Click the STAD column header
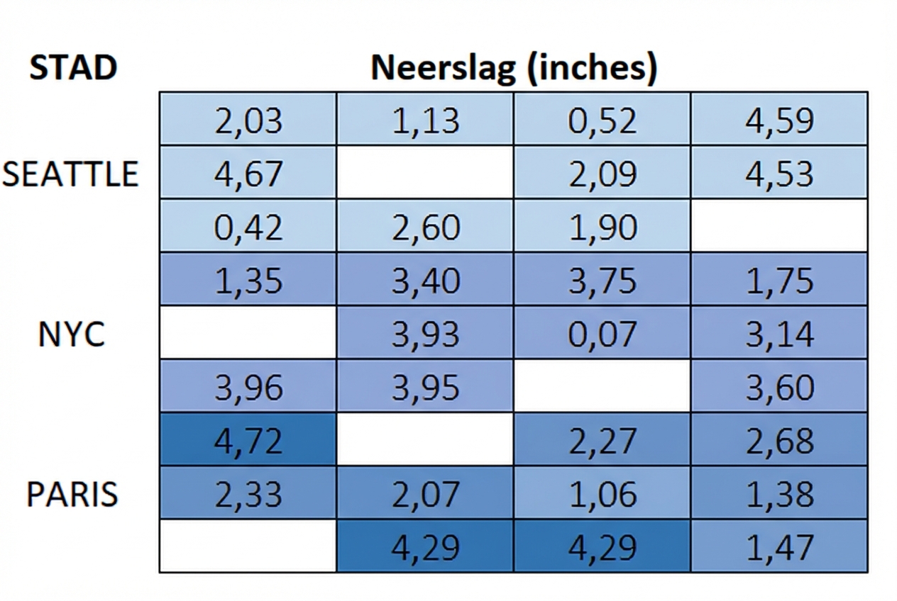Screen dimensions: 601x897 click(72, 67)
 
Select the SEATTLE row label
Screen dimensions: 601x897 click(70, 174)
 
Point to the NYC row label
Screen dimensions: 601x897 click(72, 334)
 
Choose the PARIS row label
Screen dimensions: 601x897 click(72, 494)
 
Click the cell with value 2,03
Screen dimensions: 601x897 click(248, 120)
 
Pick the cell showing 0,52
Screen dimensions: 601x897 click(602, 120)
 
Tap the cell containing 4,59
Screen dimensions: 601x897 click(778, 120)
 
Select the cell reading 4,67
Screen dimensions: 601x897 click(248, 174)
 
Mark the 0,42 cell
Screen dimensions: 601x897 click(248, 227)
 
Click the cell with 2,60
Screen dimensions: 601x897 click(424, 227)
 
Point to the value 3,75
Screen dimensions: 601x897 click(602, 280)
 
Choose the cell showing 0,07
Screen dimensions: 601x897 click(602, 334)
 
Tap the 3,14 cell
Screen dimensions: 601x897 click(778, 334)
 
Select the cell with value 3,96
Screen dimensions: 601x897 click(248, 387)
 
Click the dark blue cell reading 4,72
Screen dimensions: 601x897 click(248, 440)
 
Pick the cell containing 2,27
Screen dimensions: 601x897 click(602, 440)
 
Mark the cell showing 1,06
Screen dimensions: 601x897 click(602, 494)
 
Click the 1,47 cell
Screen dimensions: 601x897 click(778, 546)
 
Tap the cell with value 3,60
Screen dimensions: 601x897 click(778, 387)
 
